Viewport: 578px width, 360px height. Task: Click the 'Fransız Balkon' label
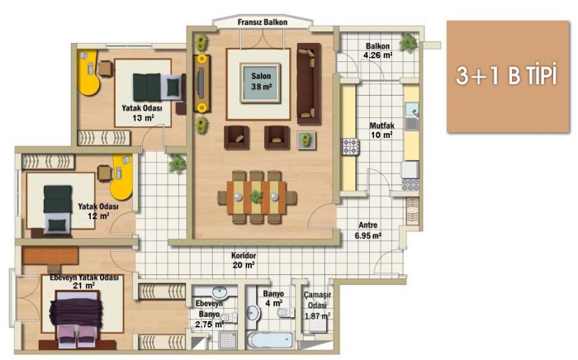tap(262, 22)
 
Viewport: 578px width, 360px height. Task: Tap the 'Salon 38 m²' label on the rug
tap(261, 82)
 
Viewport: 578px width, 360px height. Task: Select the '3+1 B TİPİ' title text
tap(506, 75)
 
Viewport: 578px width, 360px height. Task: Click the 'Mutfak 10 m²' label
tap(381, 130)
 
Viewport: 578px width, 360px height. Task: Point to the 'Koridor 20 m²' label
tap(244, 260)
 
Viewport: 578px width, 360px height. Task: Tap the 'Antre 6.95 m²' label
tap(368, 230)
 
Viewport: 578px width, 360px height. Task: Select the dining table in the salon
tap(257, 197)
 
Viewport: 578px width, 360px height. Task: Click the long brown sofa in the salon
tap(309, 84)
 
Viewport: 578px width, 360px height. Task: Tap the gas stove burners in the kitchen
tap(350, 147)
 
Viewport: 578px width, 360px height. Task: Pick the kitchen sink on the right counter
tap(412, 116)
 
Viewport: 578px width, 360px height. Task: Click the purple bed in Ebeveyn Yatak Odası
tap(76, 317)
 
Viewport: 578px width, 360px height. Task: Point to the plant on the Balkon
tap(409, 42)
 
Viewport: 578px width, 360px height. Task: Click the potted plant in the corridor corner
tap(178, 163)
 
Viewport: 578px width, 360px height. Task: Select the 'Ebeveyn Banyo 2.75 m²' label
tap(210, 315)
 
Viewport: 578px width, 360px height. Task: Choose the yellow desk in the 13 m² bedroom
tap(89, 73)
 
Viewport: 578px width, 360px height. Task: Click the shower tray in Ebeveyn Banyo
tap(227, 340)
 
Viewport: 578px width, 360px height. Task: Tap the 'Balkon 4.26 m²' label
tap(378, 50)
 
